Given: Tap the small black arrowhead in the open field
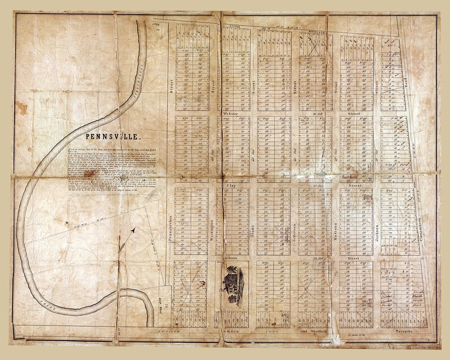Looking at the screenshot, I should [134, 230].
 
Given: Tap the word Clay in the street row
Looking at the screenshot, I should [231, 185].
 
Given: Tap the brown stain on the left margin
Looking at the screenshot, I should [22, 108].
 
